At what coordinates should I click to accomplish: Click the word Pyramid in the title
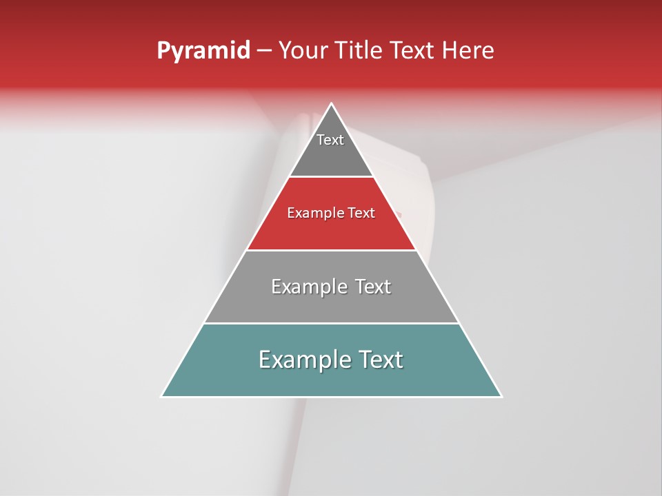pyautogui.click(x=203, y=51)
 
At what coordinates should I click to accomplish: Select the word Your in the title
pyautogui.click(x=303, y=51)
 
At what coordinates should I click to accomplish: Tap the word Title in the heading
pyautogui.click(x=359, y=51)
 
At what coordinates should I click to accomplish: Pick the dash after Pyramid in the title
pyautogui.click(x=264, y=51)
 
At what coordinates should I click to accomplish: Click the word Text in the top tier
pyautogui.click(x=330, y=140)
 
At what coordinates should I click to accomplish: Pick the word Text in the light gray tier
pyautogui.click(x=373, y=287)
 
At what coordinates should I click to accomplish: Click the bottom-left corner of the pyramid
pyautogui.click(x=162, y=396)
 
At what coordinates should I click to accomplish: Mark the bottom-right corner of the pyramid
pyautogui.click(x=501, y=396)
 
